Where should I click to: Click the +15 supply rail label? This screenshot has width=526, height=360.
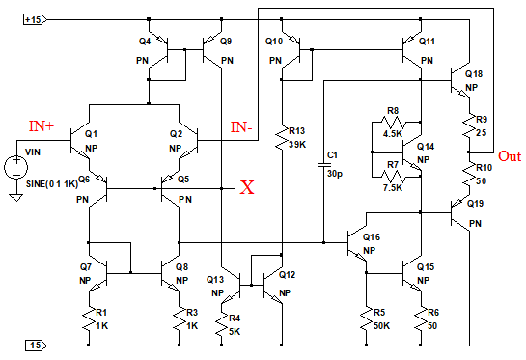[35, 20]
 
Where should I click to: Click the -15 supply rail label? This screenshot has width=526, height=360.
[36, 345]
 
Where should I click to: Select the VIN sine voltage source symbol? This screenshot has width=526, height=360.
[15, 167]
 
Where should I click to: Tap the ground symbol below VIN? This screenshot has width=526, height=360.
[15, 198]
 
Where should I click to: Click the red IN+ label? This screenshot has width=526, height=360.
[42, 126]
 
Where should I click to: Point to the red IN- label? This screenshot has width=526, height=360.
[241, 127]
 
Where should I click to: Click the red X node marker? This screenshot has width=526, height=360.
[247, 187]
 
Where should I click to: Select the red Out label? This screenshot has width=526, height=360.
[510, 156]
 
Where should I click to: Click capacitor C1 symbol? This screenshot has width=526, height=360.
[323, 165]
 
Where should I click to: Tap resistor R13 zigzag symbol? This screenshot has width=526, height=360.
[282, 138]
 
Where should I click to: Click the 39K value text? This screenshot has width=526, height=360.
[297, 145]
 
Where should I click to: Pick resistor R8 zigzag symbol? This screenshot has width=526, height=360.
[393, 122]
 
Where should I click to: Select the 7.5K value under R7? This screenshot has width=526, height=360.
[392, 187]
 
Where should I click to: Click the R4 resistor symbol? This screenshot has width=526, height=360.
[221, 324]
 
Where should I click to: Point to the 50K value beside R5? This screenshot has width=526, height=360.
[382, 326]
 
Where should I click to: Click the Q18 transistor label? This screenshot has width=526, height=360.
[474, 73]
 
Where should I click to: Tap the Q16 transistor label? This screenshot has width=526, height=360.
[372, 237]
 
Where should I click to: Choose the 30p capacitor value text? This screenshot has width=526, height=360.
[335, 174]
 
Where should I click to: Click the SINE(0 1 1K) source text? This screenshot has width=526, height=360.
[52, 184]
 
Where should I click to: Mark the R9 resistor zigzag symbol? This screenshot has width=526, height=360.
[469, 125]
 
